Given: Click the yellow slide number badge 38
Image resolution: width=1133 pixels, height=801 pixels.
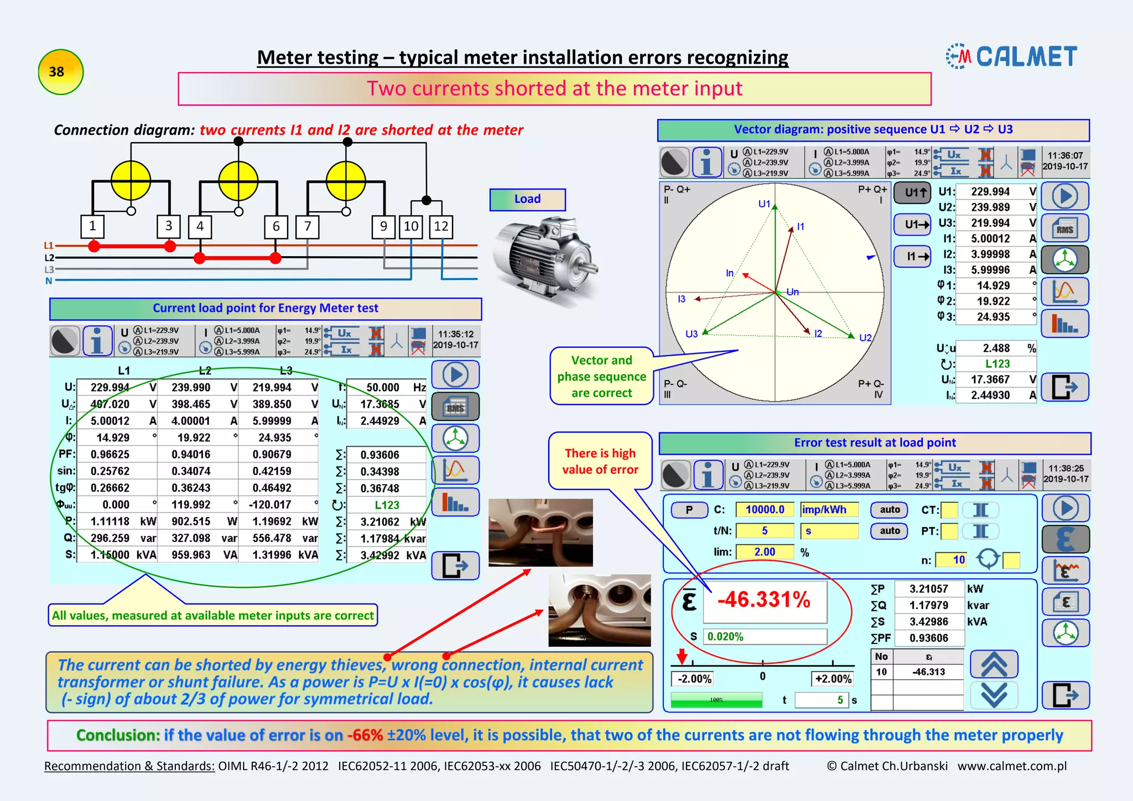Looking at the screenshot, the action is (x=60, y=72).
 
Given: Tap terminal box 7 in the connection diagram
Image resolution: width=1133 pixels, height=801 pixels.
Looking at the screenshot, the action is (x=308, y=226).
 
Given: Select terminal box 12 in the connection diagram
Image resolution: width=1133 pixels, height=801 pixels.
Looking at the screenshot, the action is (x=441, y=226).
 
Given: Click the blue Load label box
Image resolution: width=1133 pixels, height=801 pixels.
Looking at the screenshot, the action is (x=527, y=199).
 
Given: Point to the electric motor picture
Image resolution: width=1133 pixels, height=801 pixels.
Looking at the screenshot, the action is (x=545, y=260).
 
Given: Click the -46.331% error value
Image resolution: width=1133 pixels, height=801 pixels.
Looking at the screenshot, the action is (x=764, y=600).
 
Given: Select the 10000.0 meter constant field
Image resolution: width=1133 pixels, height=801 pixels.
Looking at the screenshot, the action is (x=765, y=509).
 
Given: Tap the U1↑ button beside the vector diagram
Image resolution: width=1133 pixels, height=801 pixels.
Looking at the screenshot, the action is (x=912, y=193).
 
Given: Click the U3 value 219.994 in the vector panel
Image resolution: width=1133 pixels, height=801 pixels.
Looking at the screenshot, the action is (x=990, y=223).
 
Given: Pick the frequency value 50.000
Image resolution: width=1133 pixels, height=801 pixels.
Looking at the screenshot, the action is (x=382, y=388).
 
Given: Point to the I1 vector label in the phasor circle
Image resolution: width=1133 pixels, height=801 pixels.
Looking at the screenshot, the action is (x=801, y=227).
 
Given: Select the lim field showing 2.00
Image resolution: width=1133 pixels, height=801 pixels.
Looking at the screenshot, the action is (x=765, y=552).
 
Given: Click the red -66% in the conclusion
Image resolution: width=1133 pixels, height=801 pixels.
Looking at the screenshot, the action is (x=365, y=735).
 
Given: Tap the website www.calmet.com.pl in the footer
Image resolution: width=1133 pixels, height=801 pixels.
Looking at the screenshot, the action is (x=1012, y=766).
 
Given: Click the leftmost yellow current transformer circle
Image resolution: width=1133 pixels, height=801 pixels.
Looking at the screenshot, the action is (x=131, y=180).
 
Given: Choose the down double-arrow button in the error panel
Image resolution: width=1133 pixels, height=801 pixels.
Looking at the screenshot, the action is (x=994, y=695).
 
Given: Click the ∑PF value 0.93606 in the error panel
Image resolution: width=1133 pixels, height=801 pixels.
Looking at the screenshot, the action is (x=929, y=638).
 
